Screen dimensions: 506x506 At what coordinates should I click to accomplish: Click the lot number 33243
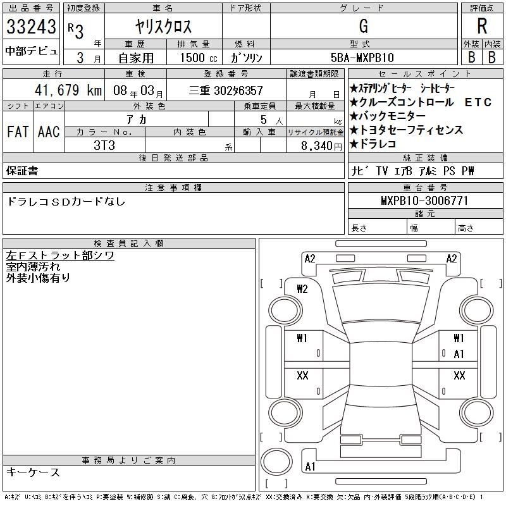[x=31, y=27]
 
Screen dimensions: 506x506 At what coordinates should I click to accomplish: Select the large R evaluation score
[x=481, y=27]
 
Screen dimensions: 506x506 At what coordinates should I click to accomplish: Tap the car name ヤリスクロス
[x=163, y=27]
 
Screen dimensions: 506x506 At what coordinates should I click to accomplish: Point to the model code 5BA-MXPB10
[x=362, y=57]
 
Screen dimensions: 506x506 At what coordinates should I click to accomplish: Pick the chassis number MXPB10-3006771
[x=424, y=201]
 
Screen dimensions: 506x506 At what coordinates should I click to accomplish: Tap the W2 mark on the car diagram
[x=302, y=289]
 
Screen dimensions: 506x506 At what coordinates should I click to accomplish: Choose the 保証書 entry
[x=22, y=171]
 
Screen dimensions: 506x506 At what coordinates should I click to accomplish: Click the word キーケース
[x=33, y=472]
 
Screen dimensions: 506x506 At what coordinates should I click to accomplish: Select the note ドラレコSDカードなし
[x=66, y=202]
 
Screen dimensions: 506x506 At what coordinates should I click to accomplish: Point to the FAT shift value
[x=18, y=132]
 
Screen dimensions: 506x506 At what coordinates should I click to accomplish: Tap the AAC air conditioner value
[x=49, y=132]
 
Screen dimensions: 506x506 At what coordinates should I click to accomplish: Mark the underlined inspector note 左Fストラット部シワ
[x=59, y=256]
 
